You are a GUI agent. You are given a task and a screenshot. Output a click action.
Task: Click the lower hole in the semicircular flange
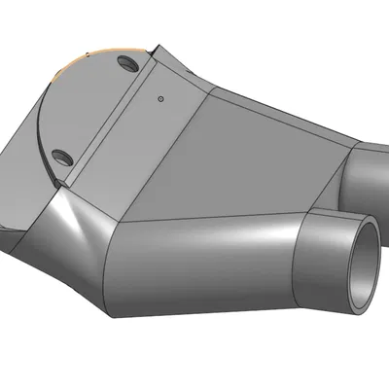pos(61,156)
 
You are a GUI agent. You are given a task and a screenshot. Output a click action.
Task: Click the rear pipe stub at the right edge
pos(370,175)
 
